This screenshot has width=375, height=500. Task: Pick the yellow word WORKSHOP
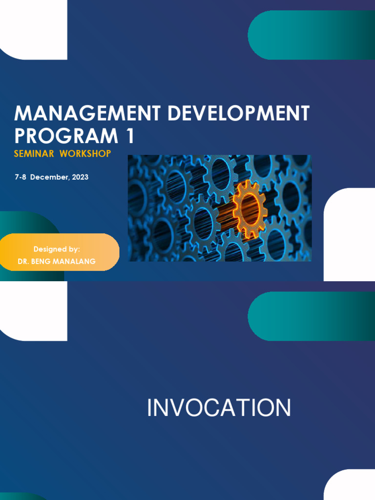click(x=85, y=154)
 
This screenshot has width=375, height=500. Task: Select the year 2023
click(x=80, y=177)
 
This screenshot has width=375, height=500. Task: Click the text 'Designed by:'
click(x=57, y=249)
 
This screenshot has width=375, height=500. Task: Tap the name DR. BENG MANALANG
click(x=57, y=262)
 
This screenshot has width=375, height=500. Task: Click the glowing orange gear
click(x=249, y=208)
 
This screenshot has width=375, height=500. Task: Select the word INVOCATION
click(x=219, y=408)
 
